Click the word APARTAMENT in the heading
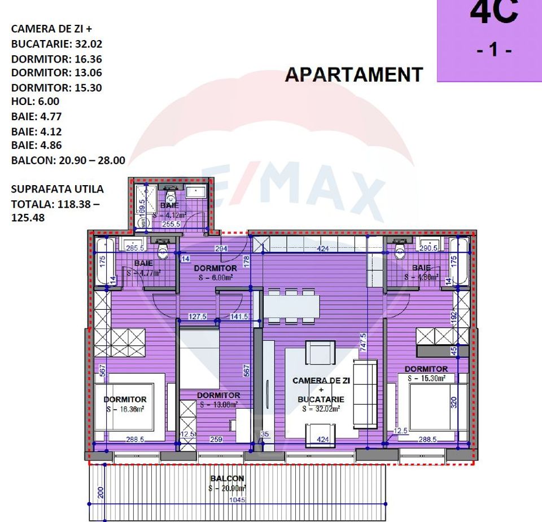(x=354, y=75)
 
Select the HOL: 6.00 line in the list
(x=35, y=102)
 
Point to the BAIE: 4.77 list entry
(x=36, y=117)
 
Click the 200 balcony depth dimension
(x=100, y=492)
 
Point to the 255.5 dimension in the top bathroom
(x=170, y=224)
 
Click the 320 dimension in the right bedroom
(x=453, y=402)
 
